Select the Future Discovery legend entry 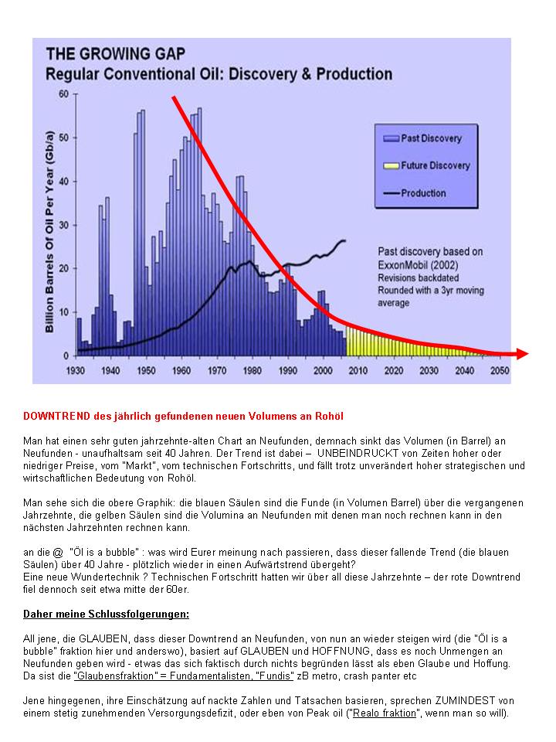tap(435, 165)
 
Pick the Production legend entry tap(423, 193)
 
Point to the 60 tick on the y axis tap(64, 94)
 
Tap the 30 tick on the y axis tap(64, 225)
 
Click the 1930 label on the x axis tap(76, 370)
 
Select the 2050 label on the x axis tap(500, 370)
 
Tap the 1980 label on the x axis tap(252, 370)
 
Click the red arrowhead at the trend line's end tap(522, 354)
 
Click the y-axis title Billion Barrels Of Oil tap(50, 224)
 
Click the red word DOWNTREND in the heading tap(55, 416)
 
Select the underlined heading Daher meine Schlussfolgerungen tap(106, 614)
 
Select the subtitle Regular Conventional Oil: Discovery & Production tap(219, 75)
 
